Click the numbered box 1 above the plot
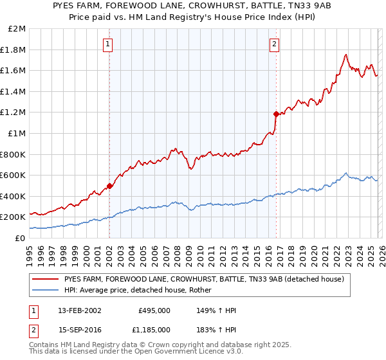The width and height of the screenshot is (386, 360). click(x=107, y=44)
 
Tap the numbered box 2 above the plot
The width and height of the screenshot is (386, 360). click(x=274, y=44)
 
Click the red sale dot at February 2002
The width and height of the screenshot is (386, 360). click(x=110, y=186)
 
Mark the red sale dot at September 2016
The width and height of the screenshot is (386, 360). click(x=276, y=114)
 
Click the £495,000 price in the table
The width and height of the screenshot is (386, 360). click(x=154, y=310)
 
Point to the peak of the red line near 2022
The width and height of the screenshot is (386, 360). click(x=346, y=55)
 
